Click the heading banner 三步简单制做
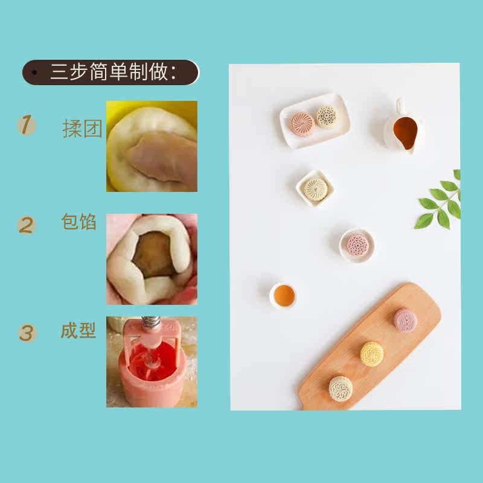click(x=111, y=72)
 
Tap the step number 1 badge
click(x=27, y=125)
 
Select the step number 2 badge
click(x=27, y=225)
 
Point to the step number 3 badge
click(x=27, y=333)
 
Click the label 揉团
click(x=82, y=129)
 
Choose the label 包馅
click(x=79, y=222)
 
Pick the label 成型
click(x=78, y=330)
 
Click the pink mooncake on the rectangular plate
click(x=303, y=124)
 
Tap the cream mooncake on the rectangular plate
click(x=327, y=117)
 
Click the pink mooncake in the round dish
click(x=357, y=245)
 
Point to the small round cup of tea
click(x=283, y=295)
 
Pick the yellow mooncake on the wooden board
click(x=372, y=354)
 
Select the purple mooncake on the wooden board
click(x=405, y=321)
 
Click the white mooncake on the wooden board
click(x=341, y=388)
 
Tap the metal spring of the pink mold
click(x=150, y=322)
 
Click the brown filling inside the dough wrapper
click(x=153, y=254)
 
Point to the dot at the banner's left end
click(x=34, y=72)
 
